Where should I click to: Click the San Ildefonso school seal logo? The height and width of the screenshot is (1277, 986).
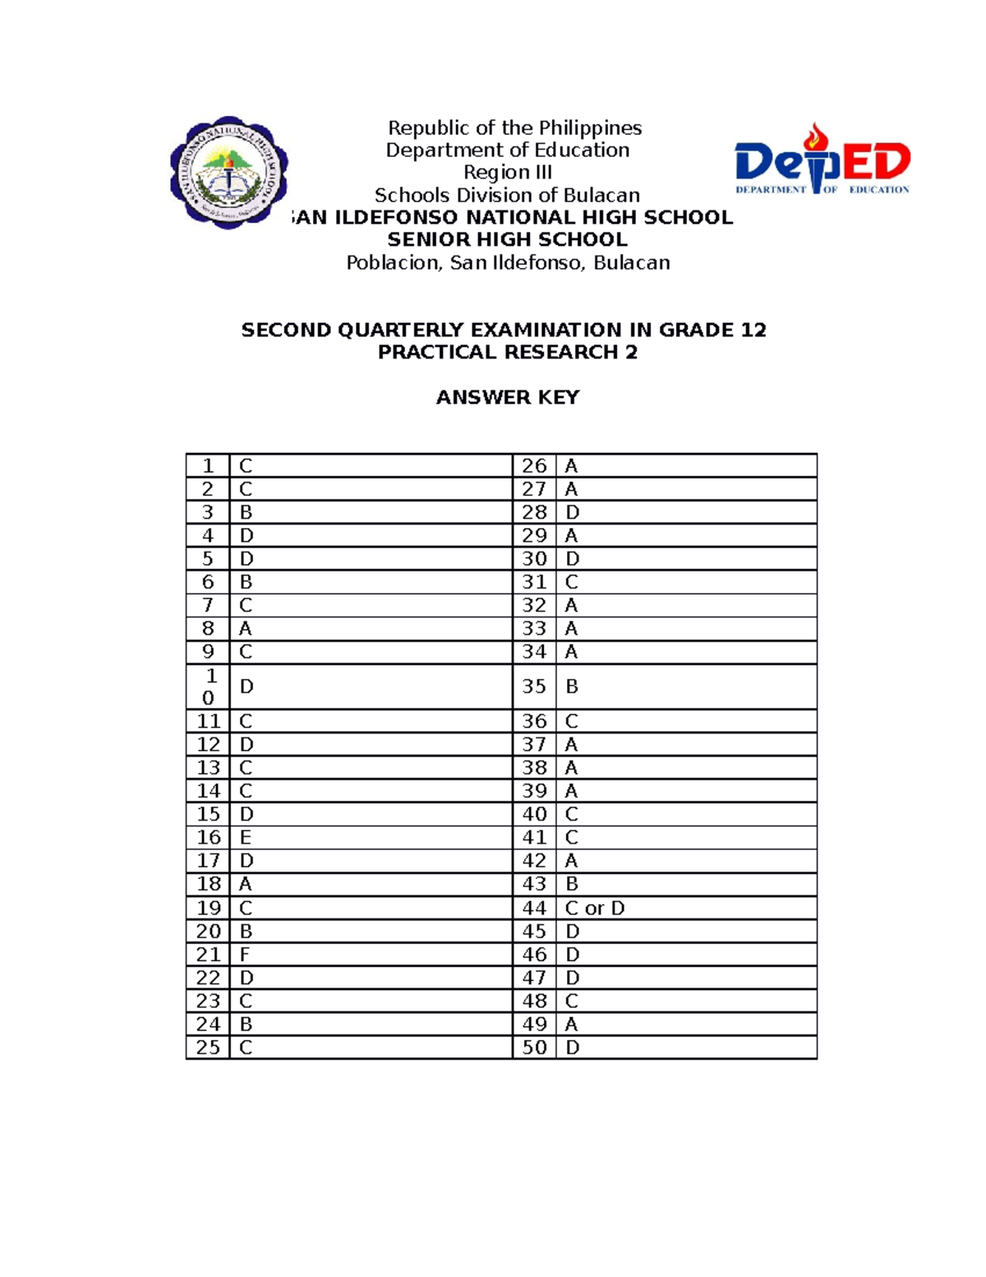coord(228,173)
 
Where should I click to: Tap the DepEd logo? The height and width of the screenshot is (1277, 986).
coord(822,160)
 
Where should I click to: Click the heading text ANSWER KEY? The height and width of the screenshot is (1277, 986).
coord(507,398)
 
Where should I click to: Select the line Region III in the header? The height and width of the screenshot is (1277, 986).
coord(507,173)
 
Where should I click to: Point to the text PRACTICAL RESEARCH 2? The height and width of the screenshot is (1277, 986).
coord(507,353)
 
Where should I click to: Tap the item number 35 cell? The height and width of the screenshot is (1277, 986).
coord(534,687)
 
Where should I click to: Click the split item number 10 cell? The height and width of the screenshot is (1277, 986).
coord(209,687)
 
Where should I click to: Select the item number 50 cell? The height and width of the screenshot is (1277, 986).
coord(534,1048)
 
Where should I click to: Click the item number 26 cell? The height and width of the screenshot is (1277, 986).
coord(534,466)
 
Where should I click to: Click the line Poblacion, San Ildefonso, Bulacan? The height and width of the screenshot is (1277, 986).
coord(508,263)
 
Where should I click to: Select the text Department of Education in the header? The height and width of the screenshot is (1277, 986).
coord(507,150)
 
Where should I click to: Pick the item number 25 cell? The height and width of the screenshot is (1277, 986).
coord(208,1048)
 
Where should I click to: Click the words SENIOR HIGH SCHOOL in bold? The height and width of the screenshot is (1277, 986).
coord(507,240)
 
